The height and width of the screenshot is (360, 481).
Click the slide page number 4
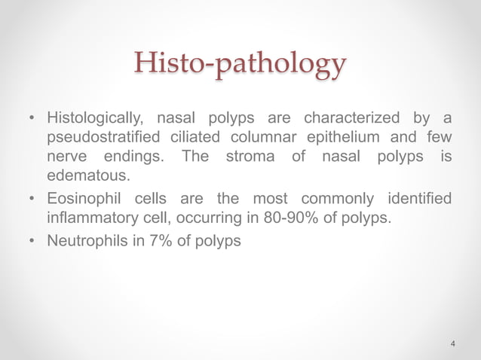(x=452, y=344)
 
